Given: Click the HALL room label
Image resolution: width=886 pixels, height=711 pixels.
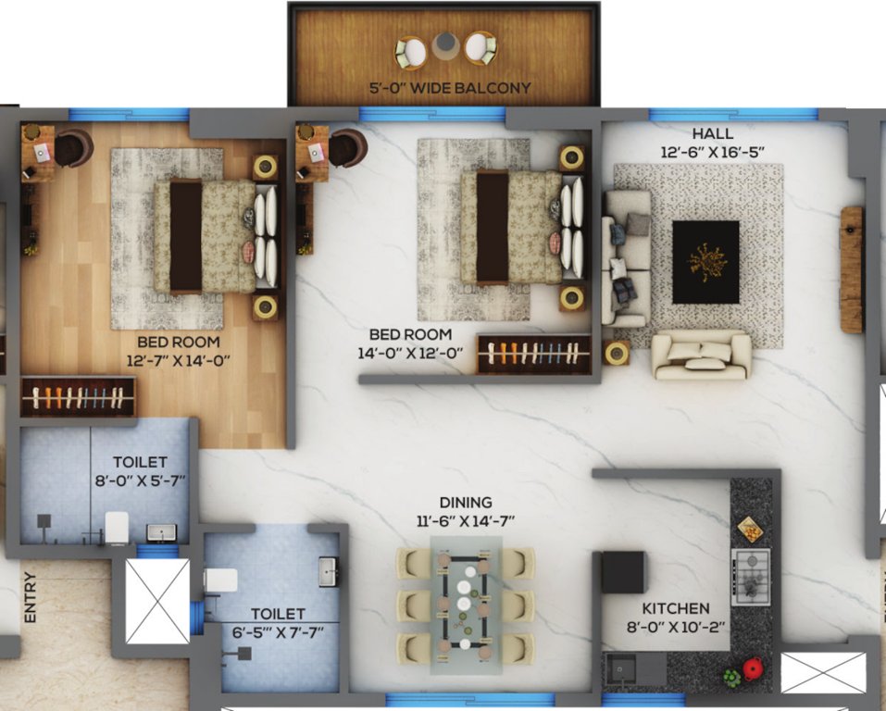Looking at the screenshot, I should coord(712,134).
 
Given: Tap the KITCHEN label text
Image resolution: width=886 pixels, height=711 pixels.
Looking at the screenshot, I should coord(676,608).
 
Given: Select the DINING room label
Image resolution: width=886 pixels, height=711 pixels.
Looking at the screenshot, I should coord(466,503).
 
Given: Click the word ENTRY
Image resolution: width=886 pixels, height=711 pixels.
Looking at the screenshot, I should coord(31,597).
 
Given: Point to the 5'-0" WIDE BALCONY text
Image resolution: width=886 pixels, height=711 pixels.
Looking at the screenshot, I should coord(449,89).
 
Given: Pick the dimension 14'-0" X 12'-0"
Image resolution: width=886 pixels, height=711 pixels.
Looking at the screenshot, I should coord(410,352).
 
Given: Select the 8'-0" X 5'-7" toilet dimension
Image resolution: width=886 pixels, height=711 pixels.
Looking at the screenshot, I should coord(139,480).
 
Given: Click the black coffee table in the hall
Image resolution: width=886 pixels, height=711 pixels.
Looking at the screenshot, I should coord(705,262).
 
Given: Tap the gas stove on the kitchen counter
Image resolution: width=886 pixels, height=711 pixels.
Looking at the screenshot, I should coord(750,576).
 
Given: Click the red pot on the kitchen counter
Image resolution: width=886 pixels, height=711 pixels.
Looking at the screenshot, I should coord(753,667).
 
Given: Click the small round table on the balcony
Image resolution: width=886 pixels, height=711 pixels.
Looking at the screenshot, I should coord(445,43).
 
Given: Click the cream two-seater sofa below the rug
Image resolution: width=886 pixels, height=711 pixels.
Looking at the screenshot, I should coord(702,355).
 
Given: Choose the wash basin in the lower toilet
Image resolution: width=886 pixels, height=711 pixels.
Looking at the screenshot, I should coord(329,571).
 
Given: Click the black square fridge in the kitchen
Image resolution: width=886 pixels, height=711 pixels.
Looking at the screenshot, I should coord(622,571).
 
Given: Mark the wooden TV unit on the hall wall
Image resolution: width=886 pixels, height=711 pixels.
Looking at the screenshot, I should coord(851,269).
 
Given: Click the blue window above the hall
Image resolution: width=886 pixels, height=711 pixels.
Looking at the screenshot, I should coord(733,115).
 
